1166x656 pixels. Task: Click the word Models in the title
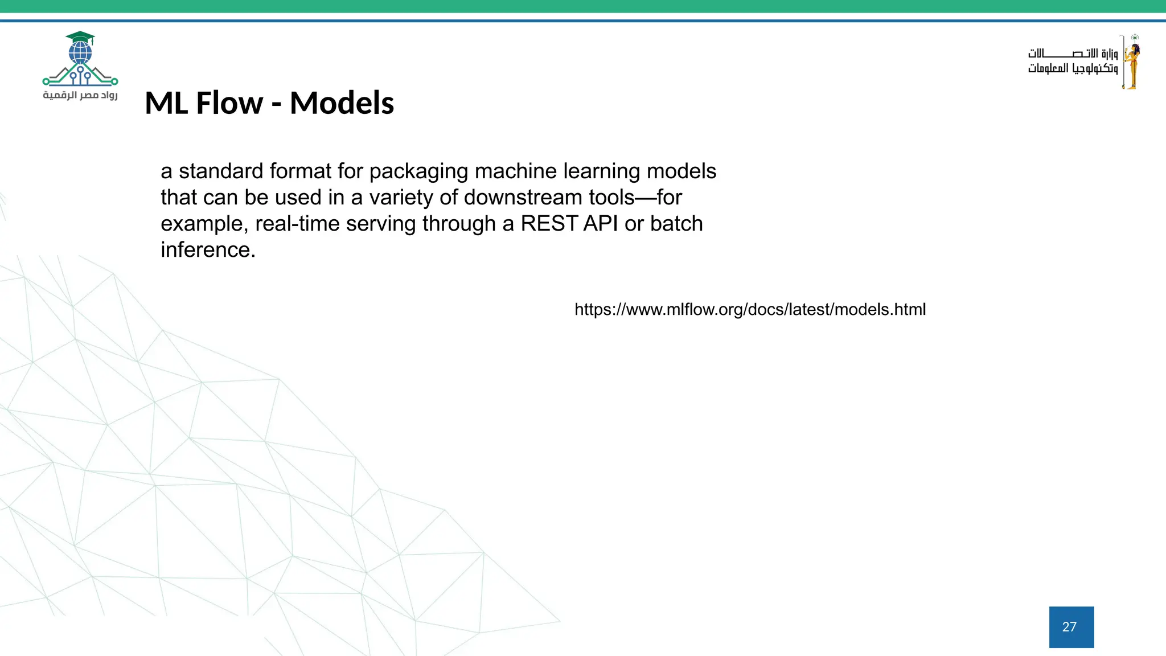pos(342,103)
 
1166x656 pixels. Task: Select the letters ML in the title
pos(166,103)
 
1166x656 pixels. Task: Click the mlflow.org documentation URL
pos(750,310)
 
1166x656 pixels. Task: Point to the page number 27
pos(1070,627)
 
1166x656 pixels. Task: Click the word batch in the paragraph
pos(676,224)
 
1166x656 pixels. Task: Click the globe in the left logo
pos(80,53)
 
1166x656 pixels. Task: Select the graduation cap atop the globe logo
pos(80,38)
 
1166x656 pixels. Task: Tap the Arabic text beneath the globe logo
pos(80,95)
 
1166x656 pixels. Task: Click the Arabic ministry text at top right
pos(1073,61)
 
